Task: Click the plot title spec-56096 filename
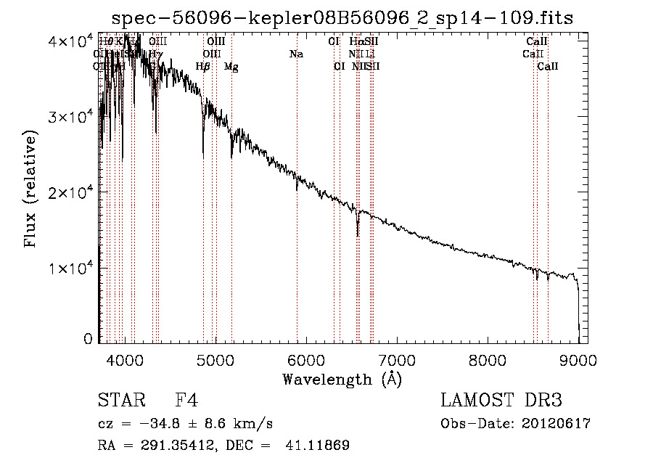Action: point(342,18)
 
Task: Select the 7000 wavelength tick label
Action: point(396,360)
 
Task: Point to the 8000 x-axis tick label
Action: point(487,360)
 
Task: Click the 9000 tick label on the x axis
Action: point(578,360)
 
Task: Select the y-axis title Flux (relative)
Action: point(30,190)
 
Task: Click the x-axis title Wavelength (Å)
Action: point(342,379)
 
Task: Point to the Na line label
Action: point(296,54)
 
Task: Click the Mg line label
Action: point(231,67)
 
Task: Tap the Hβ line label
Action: point(203,67)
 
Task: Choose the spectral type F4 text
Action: point(186,401)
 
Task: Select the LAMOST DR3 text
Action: point(501,401)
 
